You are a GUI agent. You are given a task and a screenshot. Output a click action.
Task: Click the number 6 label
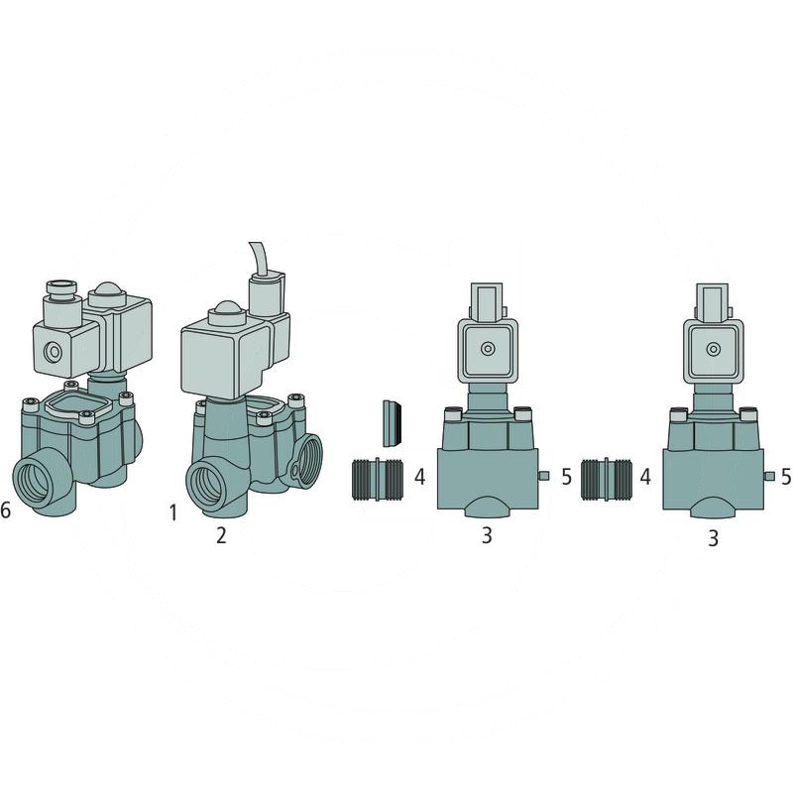tap(5, 510)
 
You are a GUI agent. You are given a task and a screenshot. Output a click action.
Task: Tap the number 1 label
tap(173, 512)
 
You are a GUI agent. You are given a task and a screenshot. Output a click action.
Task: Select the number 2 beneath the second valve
tap(221, 535)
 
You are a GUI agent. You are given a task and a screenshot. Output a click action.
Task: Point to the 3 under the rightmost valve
tap(713, 538)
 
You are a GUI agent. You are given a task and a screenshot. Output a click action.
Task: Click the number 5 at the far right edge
tap(786, 477)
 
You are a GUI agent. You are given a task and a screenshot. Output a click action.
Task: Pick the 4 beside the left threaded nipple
tap(419, 477)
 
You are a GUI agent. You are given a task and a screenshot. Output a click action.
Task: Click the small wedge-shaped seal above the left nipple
tap(393, 424)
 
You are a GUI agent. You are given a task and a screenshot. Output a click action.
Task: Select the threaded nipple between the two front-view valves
tap(607, 480)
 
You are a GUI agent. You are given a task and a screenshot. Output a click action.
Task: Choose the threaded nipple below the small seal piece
tap(378, 480)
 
